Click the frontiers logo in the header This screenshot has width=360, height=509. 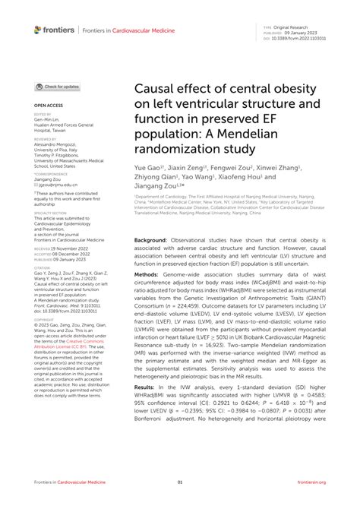(55, 30)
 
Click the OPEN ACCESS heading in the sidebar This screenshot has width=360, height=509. (49, 106)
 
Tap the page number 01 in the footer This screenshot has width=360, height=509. (180, 502)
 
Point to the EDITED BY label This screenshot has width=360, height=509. (43, 115)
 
